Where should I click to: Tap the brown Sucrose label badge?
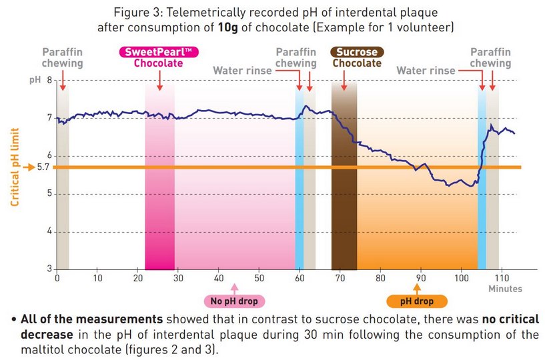(357, 52)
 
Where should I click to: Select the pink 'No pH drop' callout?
(234, 301)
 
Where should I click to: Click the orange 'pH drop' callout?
(418, 301)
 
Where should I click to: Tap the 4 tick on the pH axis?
(49, 232)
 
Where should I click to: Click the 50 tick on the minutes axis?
(259, 278)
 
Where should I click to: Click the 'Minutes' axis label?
(504, 289)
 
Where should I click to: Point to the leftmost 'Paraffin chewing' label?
(63, 58)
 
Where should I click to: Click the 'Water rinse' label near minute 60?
(243, 71)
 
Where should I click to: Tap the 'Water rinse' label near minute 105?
(426, 71)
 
